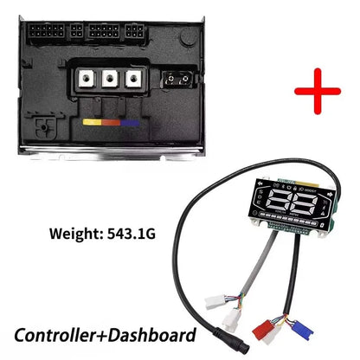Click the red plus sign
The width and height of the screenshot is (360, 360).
click(318, 91)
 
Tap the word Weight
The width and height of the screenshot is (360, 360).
click(74, 234)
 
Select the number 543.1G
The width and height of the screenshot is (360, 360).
click(132, 234)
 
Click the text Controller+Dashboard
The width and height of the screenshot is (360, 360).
click(105, 335)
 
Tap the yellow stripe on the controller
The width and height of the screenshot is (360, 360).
click(92, 122)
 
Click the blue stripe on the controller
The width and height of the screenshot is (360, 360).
click(130, 123)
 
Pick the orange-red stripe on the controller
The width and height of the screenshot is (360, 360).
click(111, 123)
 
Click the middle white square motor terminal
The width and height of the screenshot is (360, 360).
click(110, 78)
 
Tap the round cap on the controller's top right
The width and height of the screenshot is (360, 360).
click(188, 37)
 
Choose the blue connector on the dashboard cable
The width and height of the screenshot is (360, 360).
click(302, 331)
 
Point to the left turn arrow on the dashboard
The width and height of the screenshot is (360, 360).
click(261, 183)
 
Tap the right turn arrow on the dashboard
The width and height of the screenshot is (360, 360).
click(331, 195)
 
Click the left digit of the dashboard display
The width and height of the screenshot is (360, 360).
click(279, 202)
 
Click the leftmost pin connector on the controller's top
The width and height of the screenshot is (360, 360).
click(47, 31)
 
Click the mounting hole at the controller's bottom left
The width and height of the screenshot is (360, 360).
click(44, 127)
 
